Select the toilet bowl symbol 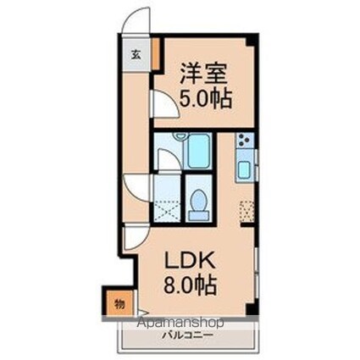coord(199,204)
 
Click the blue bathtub coord(197,150)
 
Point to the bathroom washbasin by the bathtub coord(179,138)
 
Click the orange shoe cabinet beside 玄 coord(155,48)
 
